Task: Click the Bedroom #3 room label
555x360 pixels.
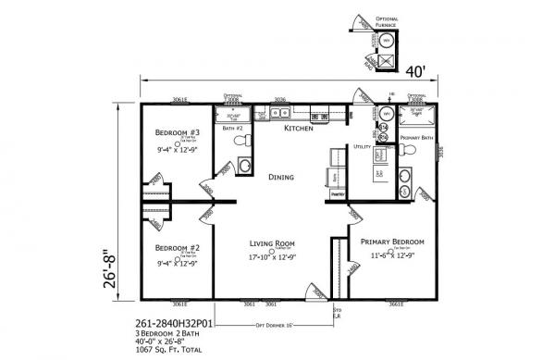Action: [x=175, y=131]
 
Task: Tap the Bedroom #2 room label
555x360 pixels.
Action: [x=175, y=248]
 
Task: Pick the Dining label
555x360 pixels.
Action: [x=281, y=176]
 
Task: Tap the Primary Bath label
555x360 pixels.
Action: [x=416, y=138]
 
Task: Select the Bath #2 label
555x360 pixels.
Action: [x=231, y=129]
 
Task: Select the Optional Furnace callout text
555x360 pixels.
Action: [x=390, y=19]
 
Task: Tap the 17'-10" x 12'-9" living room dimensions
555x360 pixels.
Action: [x=270, y=257]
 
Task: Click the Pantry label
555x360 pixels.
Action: [x=338, y=195]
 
